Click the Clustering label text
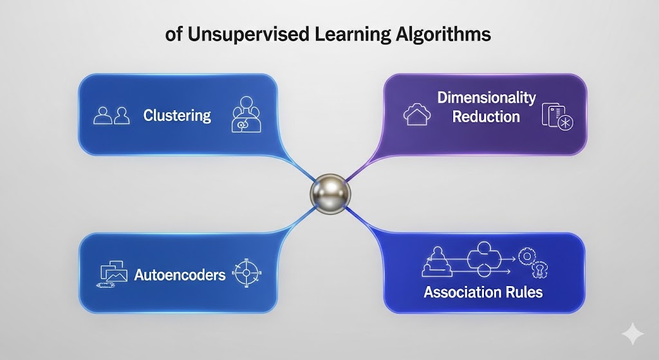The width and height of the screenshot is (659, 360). pyautogui.click(x=177, y=116)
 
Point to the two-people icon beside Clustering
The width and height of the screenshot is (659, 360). pyautogui.click(x=112, y=116)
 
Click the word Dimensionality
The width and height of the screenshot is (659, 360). pyautogui.click(x=486, y=98)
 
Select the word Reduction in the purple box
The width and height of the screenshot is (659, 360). pyautogui.click(x=486, y=117)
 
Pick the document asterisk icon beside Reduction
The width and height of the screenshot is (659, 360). pyautogui.click(x=557, y=117)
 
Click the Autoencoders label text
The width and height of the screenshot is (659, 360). pyautogui.click(x=180, y=275)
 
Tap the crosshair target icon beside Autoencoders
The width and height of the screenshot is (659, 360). pyautogui.click(x=245, y=273)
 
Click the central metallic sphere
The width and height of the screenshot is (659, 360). pyautogui.click(x=329, y=193)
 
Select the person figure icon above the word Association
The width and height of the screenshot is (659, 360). pyautogui.click(x=436, y=260)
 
